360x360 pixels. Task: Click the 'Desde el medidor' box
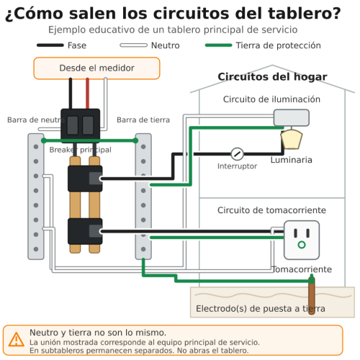96,68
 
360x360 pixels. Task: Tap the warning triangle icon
16,340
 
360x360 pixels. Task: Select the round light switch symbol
237,154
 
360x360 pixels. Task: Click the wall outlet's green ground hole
302,245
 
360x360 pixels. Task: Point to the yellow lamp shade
292,139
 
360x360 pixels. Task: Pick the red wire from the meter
88,93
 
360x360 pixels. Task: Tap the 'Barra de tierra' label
143,120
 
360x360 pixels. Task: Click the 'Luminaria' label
292,160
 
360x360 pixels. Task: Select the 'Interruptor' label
237,166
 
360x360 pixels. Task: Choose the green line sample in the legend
219,45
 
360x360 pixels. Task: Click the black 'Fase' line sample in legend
50,45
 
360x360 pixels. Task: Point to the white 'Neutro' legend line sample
134,45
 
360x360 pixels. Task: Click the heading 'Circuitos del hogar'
272,77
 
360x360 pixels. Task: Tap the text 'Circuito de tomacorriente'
271,210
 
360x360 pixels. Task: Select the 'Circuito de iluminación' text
271,99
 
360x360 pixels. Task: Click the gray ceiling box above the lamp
292,117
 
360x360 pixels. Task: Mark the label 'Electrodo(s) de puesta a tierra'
261,309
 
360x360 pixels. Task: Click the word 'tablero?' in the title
305,14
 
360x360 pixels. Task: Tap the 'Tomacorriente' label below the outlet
302,269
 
